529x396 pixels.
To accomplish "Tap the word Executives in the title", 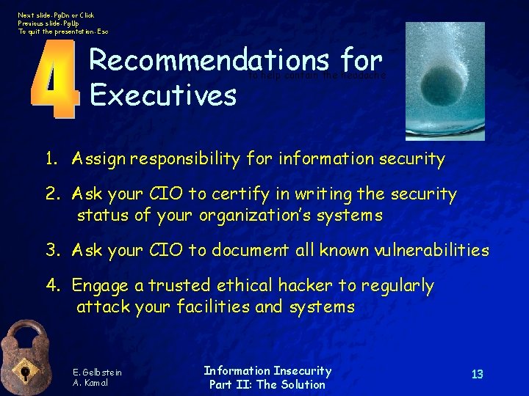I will [x=162, y=95].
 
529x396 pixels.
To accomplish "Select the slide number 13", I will [x=477, y=375].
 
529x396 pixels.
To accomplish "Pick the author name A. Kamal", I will [x=90, y=384].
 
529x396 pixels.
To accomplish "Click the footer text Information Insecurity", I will [x=267, y=371].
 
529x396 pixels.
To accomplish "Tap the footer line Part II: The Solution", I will [x=267, y=384].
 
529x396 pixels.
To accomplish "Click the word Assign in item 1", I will [x=99, y=159].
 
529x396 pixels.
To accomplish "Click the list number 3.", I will [x=51, y=250].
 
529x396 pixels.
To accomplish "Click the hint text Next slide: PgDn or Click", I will [x=57, y=15].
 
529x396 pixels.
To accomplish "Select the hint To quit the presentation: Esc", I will [x=63, y=32].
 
